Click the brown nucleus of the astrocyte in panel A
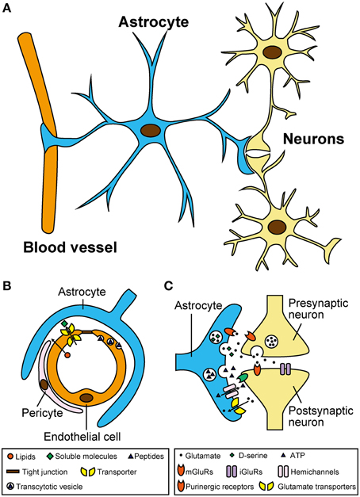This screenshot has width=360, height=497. point(149,130)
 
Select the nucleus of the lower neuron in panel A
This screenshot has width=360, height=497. point(278,228)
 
